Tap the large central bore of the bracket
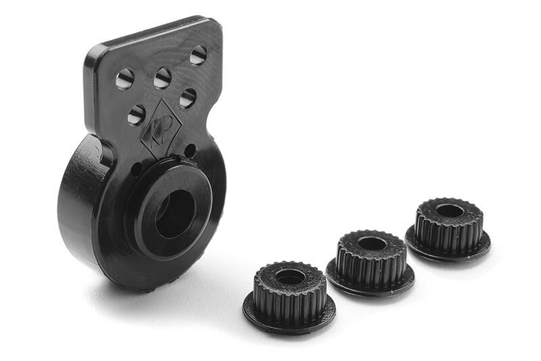click(174, 213)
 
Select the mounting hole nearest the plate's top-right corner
click(198, 55)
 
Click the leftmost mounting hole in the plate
click(124, 79)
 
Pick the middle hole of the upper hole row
click(162, 78)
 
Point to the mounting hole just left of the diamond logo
click(137, 114)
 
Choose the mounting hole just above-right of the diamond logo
click(188, 98)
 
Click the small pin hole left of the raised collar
click(137, 169)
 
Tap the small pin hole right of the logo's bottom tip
click(190, 150)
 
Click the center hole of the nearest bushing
click(291, 276)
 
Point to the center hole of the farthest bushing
click(450, 210)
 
